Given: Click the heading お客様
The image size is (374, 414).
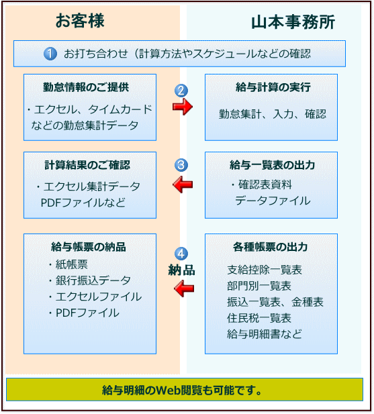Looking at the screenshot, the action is point(80,21).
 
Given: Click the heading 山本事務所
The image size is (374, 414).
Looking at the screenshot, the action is point(293,22).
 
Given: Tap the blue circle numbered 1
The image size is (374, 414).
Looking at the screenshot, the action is point(50,54).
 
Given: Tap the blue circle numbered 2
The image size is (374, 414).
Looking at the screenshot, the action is point(181,91).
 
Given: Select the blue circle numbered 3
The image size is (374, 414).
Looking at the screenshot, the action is point(181,165).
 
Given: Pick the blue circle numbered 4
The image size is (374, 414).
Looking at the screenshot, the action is point(181,254).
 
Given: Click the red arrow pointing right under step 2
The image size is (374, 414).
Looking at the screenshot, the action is point(183,107).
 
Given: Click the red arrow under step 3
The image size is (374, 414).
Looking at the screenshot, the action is point(183,185).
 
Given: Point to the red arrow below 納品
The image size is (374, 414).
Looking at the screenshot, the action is point(184,289).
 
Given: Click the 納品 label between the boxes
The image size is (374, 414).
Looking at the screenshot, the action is point(182,270).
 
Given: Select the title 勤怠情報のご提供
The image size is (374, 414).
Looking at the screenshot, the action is point(86,87).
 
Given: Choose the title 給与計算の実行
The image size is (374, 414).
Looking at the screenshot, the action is point(273,87).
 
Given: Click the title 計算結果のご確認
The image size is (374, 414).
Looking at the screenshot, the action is point(87,165).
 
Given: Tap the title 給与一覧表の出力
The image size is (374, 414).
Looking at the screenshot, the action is point(273,165).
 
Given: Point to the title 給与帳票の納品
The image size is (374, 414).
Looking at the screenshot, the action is point(89,247).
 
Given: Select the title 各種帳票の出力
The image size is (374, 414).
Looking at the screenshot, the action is point(271,247).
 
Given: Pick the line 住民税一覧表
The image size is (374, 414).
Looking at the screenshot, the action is point(259,318).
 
